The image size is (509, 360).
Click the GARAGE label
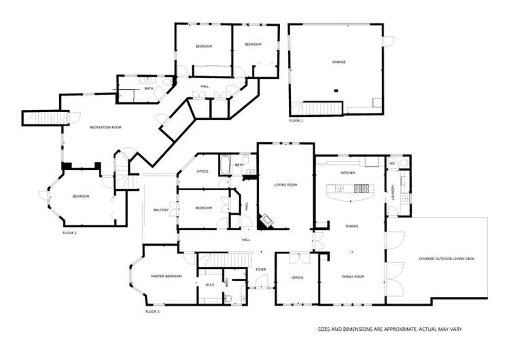click(338, 62)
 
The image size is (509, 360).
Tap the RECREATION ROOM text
click(105, 127)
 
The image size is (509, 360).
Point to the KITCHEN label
click(348, 173)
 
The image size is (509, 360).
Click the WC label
click(392, 164)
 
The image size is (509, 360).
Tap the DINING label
click(351, 226)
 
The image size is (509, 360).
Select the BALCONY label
click(160, 210)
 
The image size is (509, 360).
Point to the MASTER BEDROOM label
click(166, 276)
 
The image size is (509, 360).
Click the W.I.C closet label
click(209, 285)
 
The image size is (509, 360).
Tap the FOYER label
click(260, 270)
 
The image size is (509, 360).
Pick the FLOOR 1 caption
click(296, 120)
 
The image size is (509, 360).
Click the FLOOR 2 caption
click(69, 232)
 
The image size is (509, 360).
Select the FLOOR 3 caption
click(152, 311)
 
